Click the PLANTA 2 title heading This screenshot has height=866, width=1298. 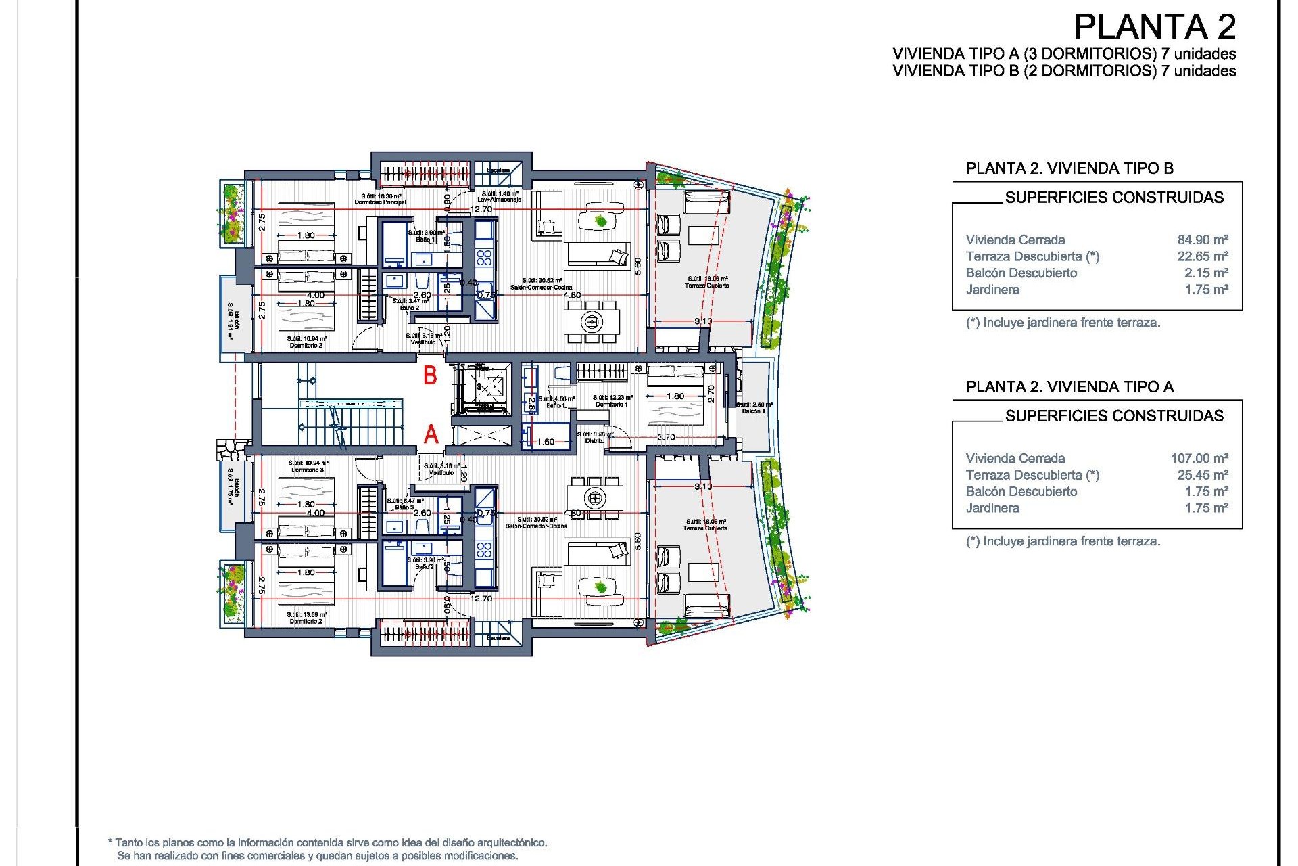click(1154, 27)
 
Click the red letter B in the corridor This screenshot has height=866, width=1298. click(430, 375)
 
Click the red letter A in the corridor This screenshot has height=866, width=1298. click(431, 434)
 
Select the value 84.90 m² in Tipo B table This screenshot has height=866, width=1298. click(1202, 240)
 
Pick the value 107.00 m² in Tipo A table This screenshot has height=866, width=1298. click(1199, 458)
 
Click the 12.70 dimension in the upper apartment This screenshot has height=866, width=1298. click(481, 209)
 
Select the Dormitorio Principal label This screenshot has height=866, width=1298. click(380, 202)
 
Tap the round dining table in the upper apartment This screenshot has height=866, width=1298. click(592, 321)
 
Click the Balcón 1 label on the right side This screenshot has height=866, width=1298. click(753, 411)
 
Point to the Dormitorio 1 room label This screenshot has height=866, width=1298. click(611, 404)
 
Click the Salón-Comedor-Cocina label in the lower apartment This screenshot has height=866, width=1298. click(536, 526)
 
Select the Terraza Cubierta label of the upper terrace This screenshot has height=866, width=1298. click(706, 286)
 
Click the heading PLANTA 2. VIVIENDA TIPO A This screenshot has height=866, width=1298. click(1069, 387)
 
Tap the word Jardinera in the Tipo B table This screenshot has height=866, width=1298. click(992, 290)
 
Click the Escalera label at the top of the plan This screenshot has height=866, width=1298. click(498, 170)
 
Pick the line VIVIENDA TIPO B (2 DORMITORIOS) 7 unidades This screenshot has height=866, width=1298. click(1063, 71)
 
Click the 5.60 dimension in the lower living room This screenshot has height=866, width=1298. click(637, 541)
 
